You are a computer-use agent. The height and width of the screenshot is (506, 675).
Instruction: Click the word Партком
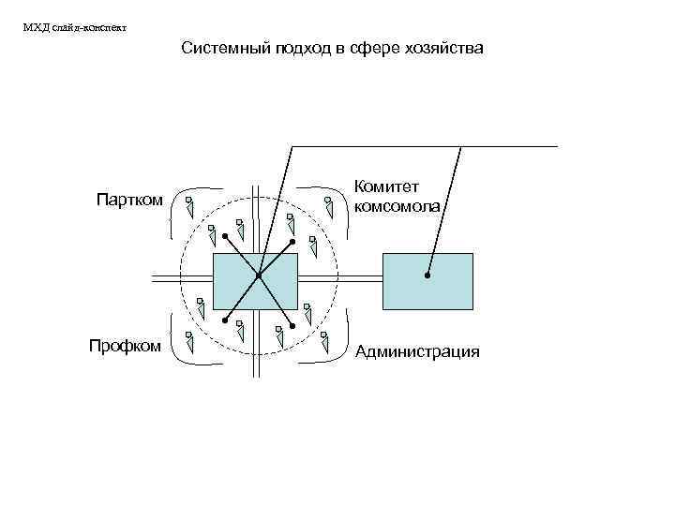pyautogui.click(x=130, y=200)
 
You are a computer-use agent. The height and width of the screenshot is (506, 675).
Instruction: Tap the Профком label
pyautogui.click(x=125, y=346)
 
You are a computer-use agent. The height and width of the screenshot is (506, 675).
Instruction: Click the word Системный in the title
pyautogui.click(x=224, y=48)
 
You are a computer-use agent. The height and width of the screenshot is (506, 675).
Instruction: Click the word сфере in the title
pyautogui.click(x=368, y=48)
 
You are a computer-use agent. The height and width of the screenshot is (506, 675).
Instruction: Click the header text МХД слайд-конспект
pyautogui.click(x=74, y=27)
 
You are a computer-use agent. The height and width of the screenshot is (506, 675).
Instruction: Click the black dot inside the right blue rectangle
pyautogui.click(x=427, y=275)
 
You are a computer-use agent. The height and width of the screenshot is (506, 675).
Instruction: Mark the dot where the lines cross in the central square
pyautogui.click(x=257, y=275)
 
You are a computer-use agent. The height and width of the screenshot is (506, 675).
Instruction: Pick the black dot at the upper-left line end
pyautogui.click(x=225, y=234)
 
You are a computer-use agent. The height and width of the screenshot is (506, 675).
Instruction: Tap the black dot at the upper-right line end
pyautogui.click(x=292, y=241)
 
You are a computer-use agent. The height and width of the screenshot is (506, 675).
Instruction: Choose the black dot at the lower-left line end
pyautogui.click(x=224, y=320)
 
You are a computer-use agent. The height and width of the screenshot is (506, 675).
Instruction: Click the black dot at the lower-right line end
pyautogui.click(x=293, y=325)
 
